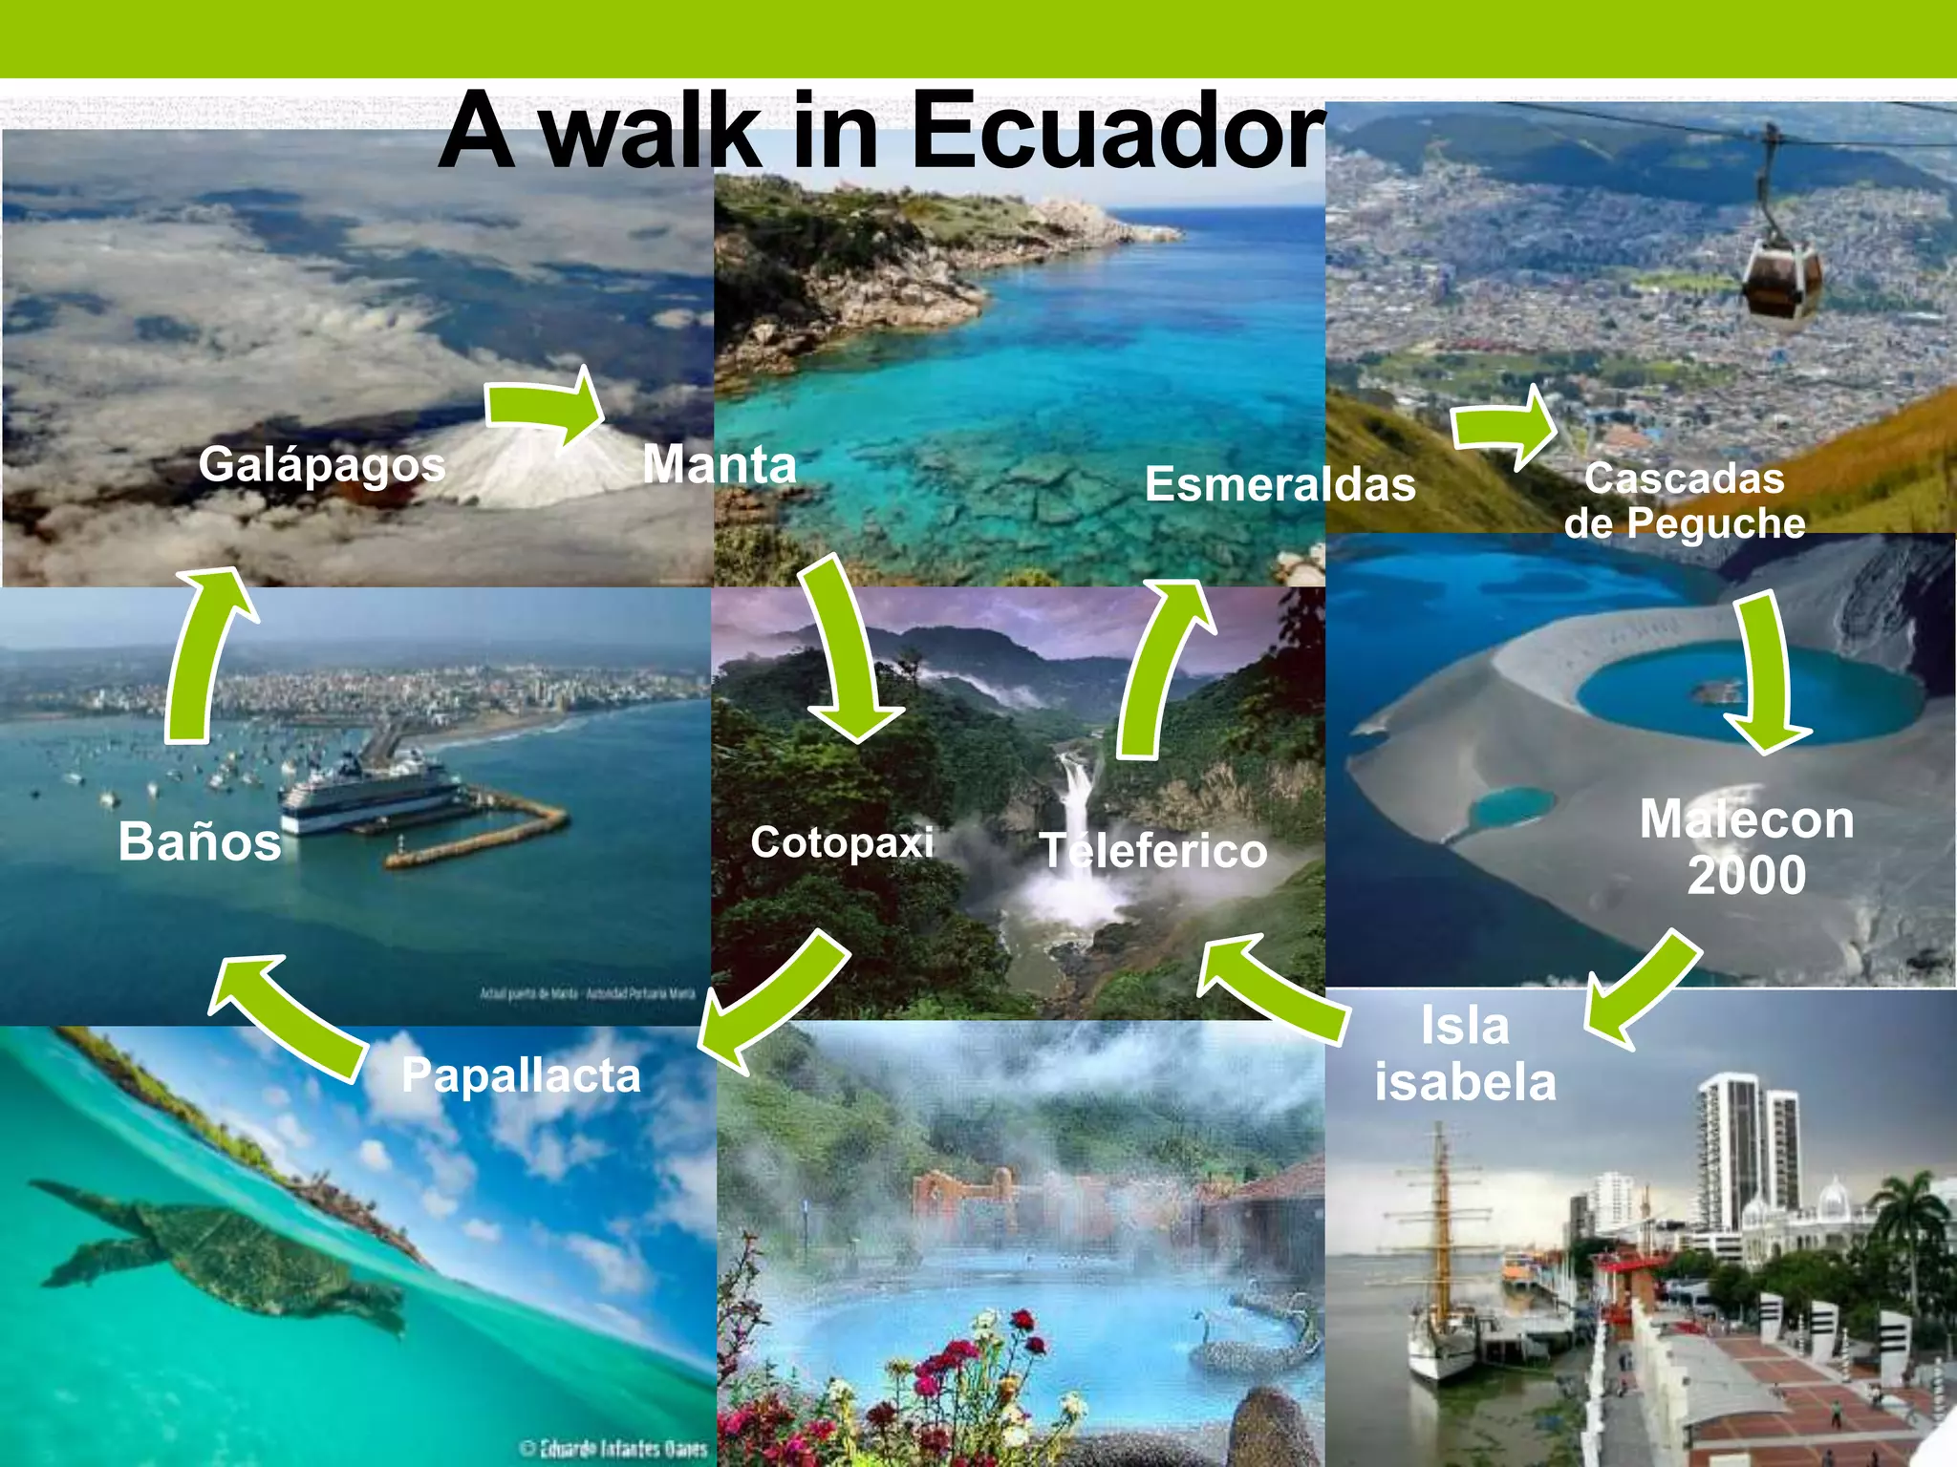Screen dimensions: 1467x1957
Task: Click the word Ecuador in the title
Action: (1118, 131)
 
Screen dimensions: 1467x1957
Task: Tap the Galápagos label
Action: (322, 465)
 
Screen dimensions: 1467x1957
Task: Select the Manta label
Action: (719, 464)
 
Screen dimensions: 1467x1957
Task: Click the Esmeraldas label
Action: (1280, 483)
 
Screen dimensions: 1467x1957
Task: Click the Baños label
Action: (200, 841)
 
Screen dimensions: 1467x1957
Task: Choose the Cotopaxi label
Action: (842, 842)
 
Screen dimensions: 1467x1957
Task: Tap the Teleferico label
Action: (1152, 850)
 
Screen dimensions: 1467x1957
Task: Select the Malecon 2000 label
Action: (1746, 846)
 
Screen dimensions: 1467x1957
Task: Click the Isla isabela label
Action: (1465, 1053)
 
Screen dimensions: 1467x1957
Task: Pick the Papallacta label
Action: (521, 1075)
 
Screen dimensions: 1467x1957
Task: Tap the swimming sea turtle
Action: (229, 1251)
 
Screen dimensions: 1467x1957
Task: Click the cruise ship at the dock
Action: (368, 793)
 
